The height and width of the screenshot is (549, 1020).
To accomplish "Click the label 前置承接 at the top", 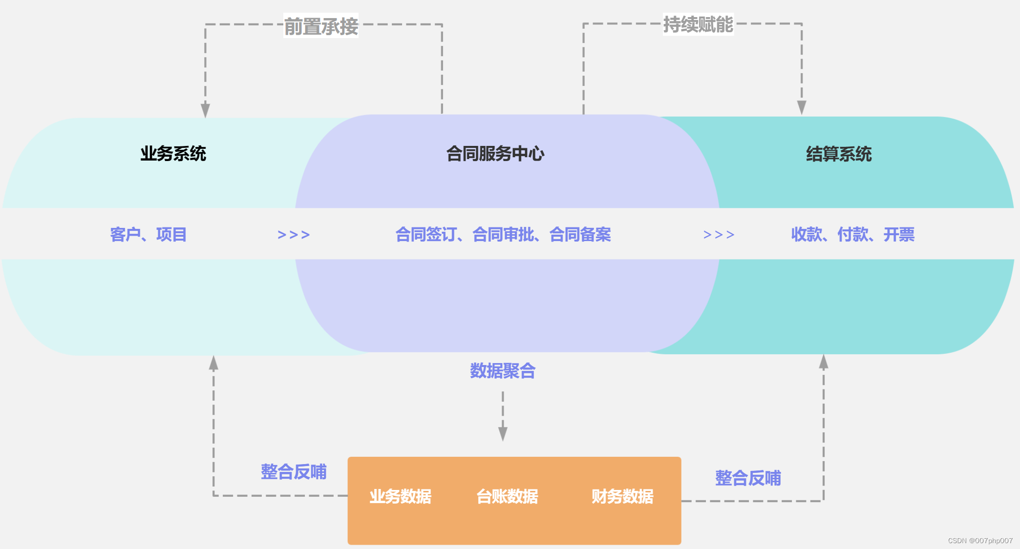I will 321,26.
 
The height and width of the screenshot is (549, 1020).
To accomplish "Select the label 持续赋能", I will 698,24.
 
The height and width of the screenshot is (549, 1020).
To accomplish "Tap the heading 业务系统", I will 173,154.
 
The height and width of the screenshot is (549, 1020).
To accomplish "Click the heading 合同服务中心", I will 495,154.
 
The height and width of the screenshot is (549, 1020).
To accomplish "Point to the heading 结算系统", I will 839,154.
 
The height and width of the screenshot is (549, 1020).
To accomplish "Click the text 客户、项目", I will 148,235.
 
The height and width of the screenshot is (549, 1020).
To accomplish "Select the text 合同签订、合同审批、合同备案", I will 503,235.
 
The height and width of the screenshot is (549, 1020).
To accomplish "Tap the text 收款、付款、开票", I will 852,235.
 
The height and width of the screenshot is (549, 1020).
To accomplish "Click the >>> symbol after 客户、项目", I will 294,235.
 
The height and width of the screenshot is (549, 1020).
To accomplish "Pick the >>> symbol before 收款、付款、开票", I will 719,235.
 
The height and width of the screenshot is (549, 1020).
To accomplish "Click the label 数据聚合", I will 503,371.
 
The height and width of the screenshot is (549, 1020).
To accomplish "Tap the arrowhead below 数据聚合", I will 503,434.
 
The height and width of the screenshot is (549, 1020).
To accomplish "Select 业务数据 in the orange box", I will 400,496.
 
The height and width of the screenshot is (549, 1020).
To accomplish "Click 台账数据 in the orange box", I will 507,496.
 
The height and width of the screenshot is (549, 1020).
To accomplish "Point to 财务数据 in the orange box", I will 622,496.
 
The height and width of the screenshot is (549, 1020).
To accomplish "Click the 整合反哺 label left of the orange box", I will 294,472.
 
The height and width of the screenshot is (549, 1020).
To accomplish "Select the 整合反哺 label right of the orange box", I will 748,478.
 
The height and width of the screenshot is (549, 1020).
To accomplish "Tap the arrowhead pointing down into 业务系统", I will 206,110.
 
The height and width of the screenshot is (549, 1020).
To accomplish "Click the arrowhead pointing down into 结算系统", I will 802,108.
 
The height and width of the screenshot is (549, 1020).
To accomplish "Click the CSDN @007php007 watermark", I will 980,541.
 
